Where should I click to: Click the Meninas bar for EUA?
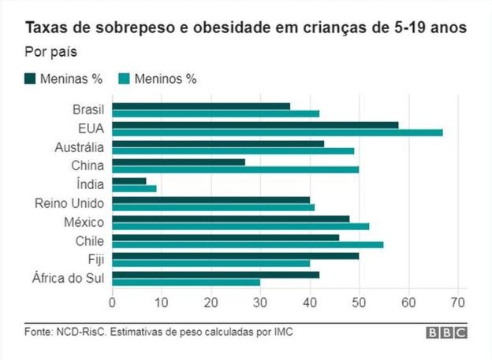click(x=255, y=124)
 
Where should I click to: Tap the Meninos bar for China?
click(x=236, y=169)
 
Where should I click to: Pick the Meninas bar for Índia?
click(x=129, y=181)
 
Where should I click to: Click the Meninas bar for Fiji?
click(x=236, y=256)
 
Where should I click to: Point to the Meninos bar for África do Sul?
click(x=186, y=282)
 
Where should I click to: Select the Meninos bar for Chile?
click(x=248, y=245)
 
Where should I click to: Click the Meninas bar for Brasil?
click(x=201, y=106)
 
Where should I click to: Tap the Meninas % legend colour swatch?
click(x=31, y=78)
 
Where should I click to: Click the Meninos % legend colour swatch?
click(x=124, y=78)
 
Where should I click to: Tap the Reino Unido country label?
click(x=70, y=203)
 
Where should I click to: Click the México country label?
click(x=84, y=222)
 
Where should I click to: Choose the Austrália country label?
click(x=80, y=147)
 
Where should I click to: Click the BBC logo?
click(x=447, y=332)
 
